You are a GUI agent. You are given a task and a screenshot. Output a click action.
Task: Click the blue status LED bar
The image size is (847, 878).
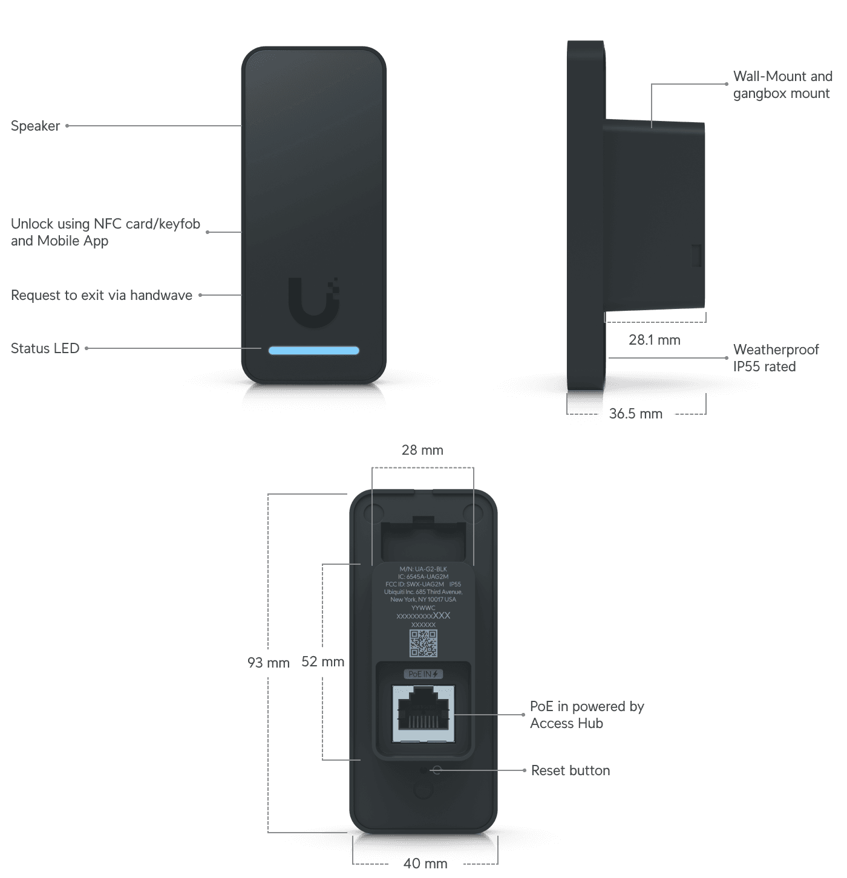tap(313, 350)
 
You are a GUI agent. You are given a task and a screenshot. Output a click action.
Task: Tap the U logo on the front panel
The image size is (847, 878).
tap(313, 302)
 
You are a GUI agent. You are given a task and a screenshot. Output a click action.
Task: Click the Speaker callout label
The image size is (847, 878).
tap(36, 126)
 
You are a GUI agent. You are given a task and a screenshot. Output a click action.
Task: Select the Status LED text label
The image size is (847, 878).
tap(45, 348)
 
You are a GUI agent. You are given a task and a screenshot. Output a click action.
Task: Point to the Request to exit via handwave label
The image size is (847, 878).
tap(102, 295)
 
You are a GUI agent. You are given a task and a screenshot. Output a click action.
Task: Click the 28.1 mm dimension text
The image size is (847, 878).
tap(654, 340)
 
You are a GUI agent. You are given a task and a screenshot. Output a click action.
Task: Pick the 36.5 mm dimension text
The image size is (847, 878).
tap(636, 414)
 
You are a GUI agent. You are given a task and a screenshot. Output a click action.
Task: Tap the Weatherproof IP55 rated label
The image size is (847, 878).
tap(776, 358)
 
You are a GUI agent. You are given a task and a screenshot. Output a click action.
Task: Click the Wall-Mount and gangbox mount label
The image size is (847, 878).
tap(782, 85)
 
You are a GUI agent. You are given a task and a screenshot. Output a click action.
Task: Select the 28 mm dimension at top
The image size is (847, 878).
tap(422, 450)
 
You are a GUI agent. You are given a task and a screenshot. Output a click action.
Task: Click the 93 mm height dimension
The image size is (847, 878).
tap(268, 662)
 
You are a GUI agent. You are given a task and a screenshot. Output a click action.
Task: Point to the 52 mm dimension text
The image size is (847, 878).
tap(322, 662)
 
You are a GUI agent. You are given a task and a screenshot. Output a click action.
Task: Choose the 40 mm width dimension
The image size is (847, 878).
tap(425, 863)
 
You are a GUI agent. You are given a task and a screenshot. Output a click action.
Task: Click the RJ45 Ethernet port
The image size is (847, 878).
tap(423, 714)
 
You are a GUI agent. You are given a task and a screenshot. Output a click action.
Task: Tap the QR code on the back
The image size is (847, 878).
tap(423, 643)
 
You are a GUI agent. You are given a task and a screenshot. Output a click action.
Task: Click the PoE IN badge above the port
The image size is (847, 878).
tap(423, 674)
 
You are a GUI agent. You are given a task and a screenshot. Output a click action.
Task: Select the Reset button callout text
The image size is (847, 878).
tap(570, 770)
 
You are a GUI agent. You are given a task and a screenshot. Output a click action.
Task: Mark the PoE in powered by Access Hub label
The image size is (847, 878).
tap(586, 715)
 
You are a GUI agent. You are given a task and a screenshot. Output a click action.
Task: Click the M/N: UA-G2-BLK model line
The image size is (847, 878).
tap(423, 569)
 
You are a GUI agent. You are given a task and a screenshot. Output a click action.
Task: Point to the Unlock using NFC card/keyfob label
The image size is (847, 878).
tap(105, 232)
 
